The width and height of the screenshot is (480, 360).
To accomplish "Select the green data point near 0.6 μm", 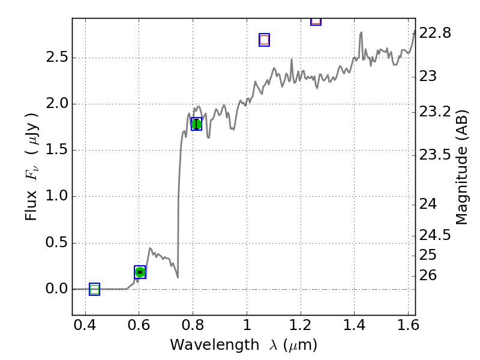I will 140,272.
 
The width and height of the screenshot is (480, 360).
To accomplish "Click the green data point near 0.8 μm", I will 196,124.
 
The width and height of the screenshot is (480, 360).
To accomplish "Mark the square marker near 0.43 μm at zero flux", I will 94,289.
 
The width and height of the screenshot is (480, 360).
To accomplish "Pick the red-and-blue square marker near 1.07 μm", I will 264,40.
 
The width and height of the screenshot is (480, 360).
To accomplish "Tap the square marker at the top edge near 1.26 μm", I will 316,20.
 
